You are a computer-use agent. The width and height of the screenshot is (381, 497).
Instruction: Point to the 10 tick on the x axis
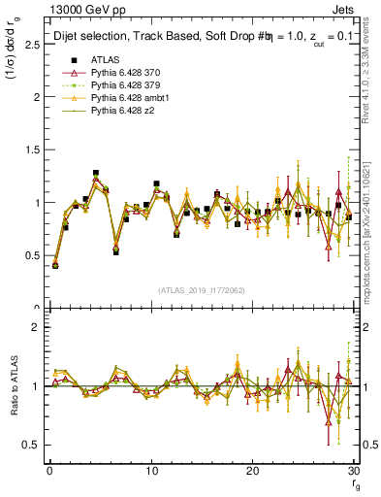(x=150, y=472)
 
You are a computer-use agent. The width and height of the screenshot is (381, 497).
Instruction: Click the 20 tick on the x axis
(x=252, y=472)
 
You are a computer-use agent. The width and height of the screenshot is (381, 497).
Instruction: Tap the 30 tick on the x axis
(x=353, y=472)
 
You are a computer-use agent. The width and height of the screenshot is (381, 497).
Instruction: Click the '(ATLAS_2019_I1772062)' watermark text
(x=202, y=290)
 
